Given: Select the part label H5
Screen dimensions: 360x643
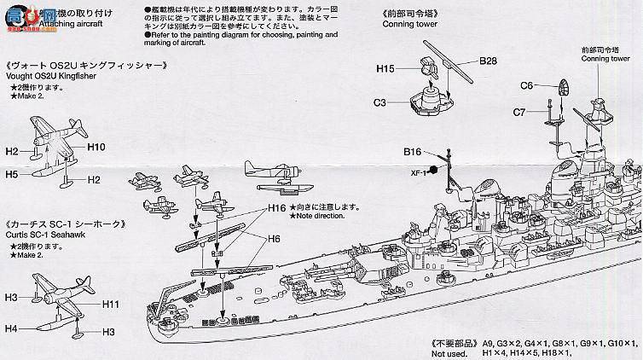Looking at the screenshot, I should tap(12, 173).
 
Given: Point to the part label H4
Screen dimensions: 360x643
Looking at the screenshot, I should tap(10, 328).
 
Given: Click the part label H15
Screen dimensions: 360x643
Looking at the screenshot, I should tap(385, 67).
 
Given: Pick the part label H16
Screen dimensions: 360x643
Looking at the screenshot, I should tap(276, 207).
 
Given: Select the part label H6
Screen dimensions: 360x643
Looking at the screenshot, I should tap(275, 240).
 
